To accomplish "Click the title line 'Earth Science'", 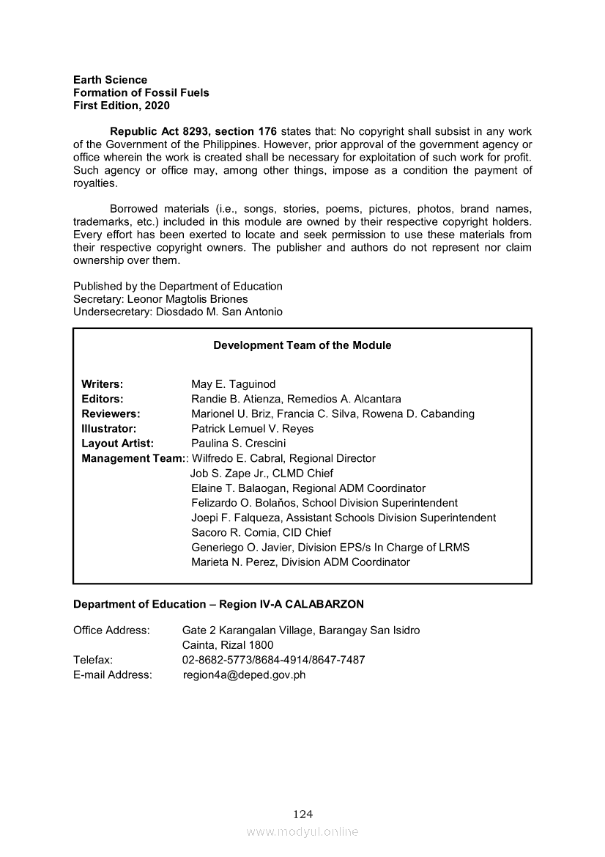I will (110, 80).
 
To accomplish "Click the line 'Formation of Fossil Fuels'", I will (141, 93).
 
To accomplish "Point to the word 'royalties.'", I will (95, 183).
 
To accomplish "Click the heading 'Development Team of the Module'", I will (302, 345).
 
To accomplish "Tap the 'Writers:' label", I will (102, 384).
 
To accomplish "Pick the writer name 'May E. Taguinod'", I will (233, 384).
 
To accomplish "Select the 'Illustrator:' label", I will (109, 429).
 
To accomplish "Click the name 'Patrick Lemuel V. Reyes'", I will (252, 429).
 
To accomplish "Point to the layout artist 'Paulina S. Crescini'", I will (238, 444).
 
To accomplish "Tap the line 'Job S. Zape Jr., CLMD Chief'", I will (261, 474).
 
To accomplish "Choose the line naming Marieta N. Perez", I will (300, 562).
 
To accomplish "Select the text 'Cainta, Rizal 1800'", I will (227, 645).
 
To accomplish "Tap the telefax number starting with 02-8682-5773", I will (273, 660).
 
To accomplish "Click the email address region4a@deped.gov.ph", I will (244, 675).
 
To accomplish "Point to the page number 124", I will (302, 814).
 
